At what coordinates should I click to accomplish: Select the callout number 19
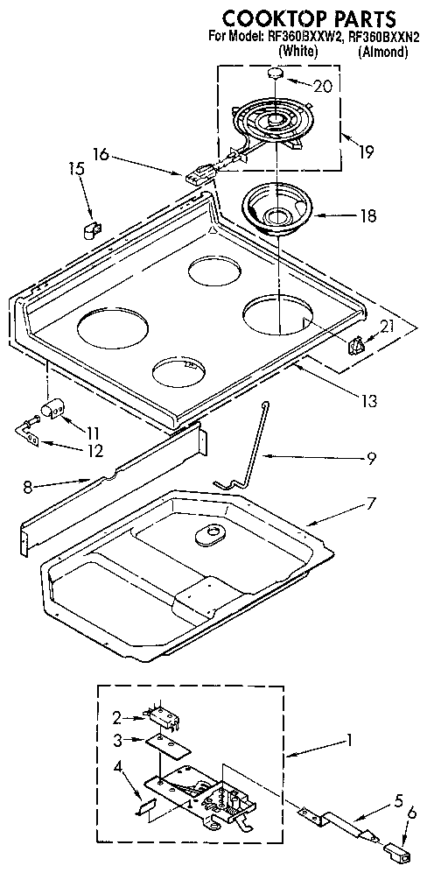[x=366, y=151]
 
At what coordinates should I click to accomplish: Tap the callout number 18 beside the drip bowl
[x=368, y=215]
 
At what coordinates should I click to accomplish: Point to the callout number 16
[x=101, y=155]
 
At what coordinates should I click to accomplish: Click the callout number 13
[x=368, y=401]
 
